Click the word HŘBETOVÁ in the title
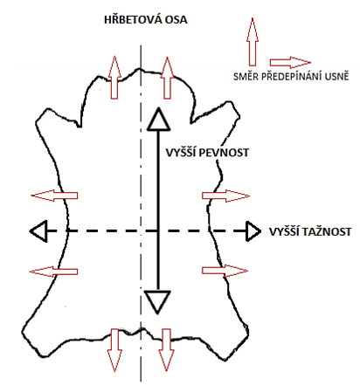(x=133, y=19)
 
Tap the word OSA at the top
(x=176, y=20)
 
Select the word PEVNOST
(x=224, y=153)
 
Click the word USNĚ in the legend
(x=337, y=77)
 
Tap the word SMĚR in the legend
(x=246, y=77)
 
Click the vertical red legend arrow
(x=253, y=42)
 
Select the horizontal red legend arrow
(x=290, y=62)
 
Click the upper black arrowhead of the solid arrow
(x=158, y=120)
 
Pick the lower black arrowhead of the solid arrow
(x=157, y=302)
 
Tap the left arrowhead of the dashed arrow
(x=38, y=231)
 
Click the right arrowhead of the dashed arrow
(x=253, y=231)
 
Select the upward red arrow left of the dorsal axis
(x=114, y=78)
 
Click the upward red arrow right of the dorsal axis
(x=167, y=78)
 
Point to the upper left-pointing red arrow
(x=54, y=196)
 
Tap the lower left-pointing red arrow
(x=53, y=272)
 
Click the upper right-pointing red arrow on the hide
(x=225, y=196)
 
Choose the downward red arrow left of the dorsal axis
(x=114, y=350)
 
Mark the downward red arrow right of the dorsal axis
(x=166, y=350)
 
